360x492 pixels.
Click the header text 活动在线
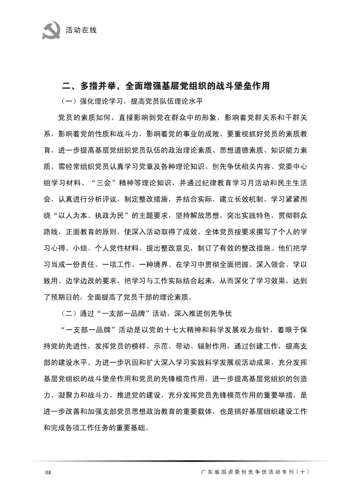(x=81, y=30)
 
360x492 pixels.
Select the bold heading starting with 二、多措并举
(x=166, y=86)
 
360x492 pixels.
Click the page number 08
(x=48, y=473)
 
